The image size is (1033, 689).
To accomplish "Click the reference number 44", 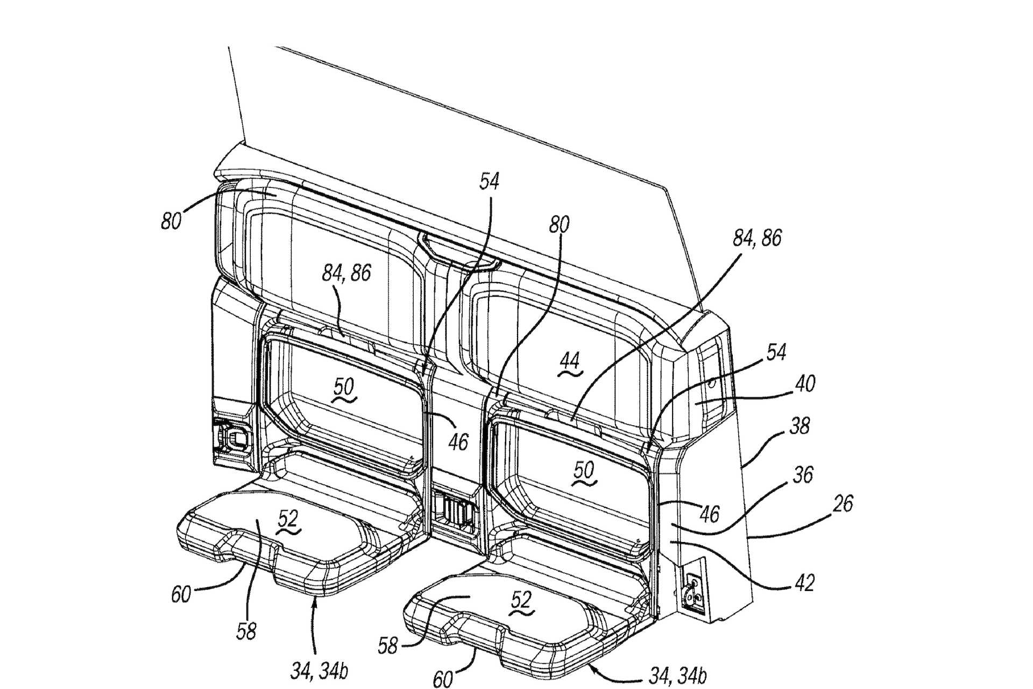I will click(570, 362).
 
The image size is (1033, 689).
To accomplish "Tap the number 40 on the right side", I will click(804, 384).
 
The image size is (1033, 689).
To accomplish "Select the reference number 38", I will click(800, 426).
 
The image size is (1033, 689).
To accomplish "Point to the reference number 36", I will click(803, 475).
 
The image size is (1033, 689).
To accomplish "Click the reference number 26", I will click(843, 504).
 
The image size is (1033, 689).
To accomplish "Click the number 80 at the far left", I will click(171, 221).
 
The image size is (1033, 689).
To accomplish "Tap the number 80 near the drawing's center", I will click(559, 225).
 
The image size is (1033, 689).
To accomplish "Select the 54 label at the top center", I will click(489, 182).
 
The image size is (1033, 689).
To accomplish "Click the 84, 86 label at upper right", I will click(757, 238).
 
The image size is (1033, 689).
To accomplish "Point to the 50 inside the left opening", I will click(344, 387).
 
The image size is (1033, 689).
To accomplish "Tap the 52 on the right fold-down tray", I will click(521, 600).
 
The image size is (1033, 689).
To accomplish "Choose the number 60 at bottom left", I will click(181, 595).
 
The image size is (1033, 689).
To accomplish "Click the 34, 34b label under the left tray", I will click(320, 671).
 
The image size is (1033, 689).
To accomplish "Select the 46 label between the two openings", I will click(458, 442).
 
